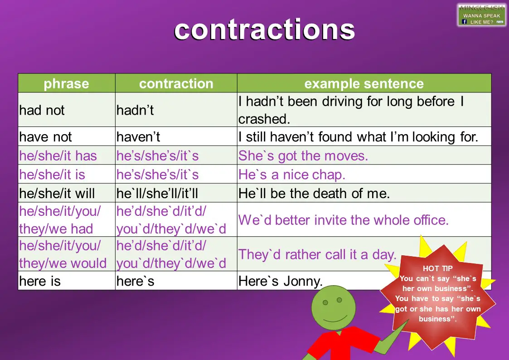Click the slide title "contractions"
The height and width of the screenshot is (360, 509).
click(x=264, y=30)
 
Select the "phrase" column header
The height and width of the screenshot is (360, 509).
click(x=66, y=83)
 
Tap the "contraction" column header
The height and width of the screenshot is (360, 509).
click(x=176, y=83)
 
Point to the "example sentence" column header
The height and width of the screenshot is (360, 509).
click(x=364, y=83)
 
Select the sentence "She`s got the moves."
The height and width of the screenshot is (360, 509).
click(x=303, y=156)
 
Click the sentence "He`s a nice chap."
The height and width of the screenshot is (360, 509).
click(x=292, y=175)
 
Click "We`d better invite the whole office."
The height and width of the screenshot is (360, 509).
click(x=343, y=220)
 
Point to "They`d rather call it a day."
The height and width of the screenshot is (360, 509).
click(x=317, y=254)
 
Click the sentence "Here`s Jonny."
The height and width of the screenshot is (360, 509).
click(x=280, y=281)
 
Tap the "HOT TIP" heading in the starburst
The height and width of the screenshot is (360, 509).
click(x=437, y=268)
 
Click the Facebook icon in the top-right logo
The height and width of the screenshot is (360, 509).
click(x=465, y=21)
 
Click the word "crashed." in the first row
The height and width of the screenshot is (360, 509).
click(x=264, y=119)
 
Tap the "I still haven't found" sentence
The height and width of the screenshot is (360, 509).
click(x=358, y=136)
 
